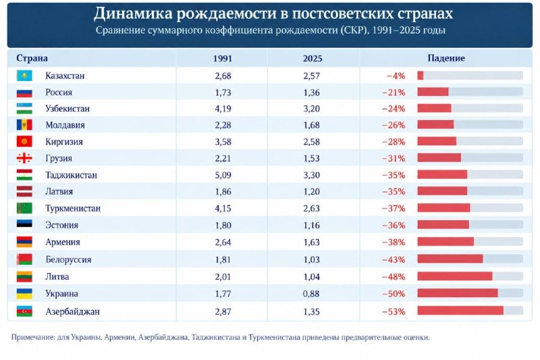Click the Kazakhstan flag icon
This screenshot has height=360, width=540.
point(24,76)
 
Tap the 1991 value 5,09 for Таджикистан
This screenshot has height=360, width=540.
point(223,175)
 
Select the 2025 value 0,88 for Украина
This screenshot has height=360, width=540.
point(311,294)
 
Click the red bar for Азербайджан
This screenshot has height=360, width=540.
point(460,311)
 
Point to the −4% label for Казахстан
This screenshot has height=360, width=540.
point(396,76)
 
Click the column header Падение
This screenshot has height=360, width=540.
point(446,58)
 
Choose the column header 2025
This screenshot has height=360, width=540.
point(313,58)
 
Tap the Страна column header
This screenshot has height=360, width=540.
point(32,58)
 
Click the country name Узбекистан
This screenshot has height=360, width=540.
point(67,109)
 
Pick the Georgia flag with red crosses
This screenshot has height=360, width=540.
point(24,158)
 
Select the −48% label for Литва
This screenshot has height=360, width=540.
point(394,277)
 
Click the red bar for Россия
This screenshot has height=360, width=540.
point(433,92)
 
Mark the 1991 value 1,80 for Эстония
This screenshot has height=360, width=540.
point(223,226)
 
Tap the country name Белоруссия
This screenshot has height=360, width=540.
point(68,259)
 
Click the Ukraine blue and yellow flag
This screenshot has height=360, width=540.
point(24,294)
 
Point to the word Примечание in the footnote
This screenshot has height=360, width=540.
point(32,337)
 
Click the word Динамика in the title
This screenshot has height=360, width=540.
point(132,14)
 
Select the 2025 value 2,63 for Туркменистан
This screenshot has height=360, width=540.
point(311,209)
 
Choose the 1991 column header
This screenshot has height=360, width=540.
point(223,58)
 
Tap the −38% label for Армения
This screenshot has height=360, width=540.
point(394,242)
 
